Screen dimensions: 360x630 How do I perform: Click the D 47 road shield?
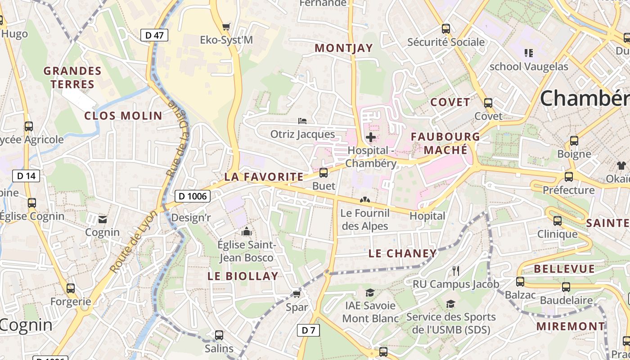[154, 35]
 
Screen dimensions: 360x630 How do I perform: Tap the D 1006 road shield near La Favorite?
[193, 196]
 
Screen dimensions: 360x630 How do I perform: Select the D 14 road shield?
[26, 175]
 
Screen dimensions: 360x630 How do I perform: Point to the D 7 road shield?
[308, 330]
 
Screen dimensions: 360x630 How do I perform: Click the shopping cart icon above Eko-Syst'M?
[226, 27]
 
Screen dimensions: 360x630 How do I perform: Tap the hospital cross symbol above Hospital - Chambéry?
[371, 137]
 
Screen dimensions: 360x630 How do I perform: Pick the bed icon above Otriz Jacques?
[302, 121]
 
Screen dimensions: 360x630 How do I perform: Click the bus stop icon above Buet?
[323, 173]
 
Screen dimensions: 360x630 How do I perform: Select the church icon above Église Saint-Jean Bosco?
[246, 232]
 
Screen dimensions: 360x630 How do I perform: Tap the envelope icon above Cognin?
[103, 219]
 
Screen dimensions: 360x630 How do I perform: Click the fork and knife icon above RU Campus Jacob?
[456, 270]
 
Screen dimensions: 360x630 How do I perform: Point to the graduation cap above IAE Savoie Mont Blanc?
[370, 292]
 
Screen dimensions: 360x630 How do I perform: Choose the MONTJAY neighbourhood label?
[344, 48]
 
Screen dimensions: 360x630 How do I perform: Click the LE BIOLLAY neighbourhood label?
[243, 276]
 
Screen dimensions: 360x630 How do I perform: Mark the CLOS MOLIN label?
[123, 116]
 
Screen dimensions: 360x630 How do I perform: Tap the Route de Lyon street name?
[133, 242]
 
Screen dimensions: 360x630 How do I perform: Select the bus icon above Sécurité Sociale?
[446, 29]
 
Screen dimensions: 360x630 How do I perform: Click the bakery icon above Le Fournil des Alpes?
[364, 199]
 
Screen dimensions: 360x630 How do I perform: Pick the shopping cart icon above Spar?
[297, 294]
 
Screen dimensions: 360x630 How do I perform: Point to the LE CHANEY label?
[403, 253]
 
